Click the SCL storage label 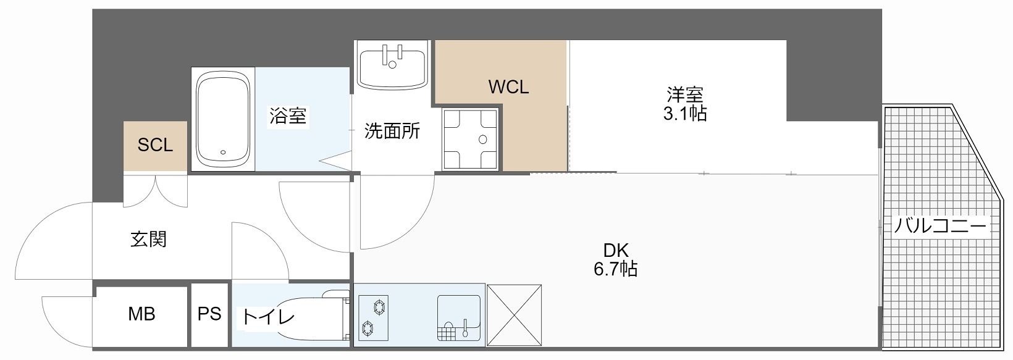coord(155,145)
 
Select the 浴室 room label coord(288,115)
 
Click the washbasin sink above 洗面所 coord(392,64)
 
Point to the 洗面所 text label coord(392,131)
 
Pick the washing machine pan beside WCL coord(470,139)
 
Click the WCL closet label coord(508,87)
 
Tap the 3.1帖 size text coord(684,114)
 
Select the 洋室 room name coord(684,95)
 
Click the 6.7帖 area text coord(615,269)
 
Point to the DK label coord(615,250)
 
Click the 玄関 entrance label coord(148,239)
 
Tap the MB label coord(141,314)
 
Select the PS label coord(209,314)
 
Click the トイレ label coord(267,317)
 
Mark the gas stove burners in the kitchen coord(374,316)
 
